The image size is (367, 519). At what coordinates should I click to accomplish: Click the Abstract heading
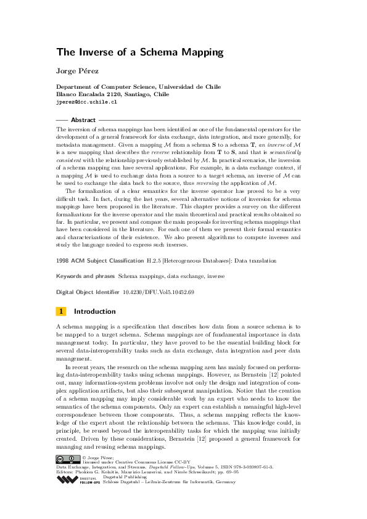[83, 120]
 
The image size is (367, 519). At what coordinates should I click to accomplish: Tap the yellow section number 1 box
[61, 312]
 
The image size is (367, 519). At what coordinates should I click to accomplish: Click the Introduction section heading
[99, 312]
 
